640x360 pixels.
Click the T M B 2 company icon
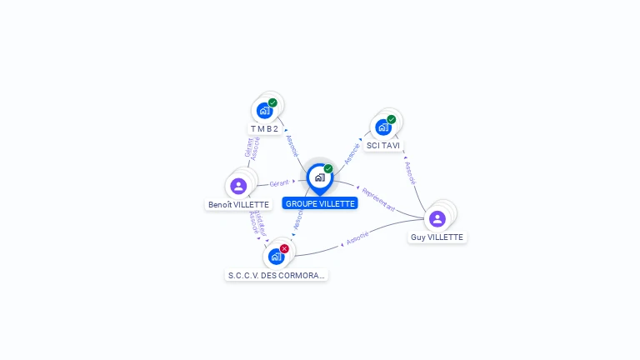coord(264,110)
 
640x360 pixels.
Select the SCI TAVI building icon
coord(383,127)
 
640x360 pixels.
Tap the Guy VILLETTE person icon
coord(437,218)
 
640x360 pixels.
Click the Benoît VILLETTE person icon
coord(238,185)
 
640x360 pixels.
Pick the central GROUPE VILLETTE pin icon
coord(319,177)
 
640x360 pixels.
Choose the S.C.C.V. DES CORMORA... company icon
coord(276,256)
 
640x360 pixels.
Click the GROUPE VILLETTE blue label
coord(320,203)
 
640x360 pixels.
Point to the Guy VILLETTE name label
coord(437,237)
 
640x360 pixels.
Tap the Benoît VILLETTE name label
coord(238,204)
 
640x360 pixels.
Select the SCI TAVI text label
coord(383,145)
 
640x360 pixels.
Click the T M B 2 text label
coord(264,129)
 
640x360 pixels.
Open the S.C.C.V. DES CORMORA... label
coord(277,275)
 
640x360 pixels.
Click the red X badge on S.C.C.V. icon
coord(284,248)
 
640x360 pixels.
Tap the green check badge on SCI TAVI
coord(391,119)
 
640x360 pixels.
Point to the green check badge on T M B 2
coord(272,102)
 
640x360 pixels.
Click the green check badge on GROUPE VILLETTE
coord(328,168)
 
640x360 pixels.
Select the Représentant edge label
coord(378,199)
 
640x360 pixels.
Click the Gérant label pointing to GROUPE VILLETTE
coord(279,182)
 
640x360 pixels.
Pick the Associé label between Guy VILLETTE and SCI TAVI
coord(411,172)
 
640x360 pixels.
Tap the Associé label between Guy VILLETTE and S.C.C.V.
coord(357,240)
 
